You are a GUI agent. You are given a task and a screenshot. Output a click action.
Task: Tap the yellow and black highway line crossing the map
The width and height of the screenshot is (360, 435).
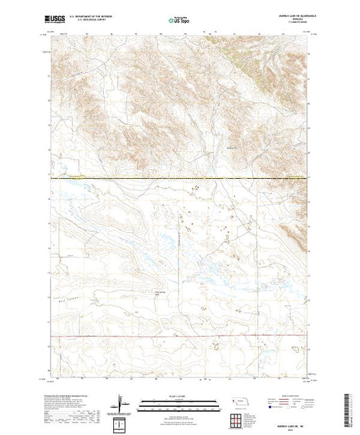pos(180,179)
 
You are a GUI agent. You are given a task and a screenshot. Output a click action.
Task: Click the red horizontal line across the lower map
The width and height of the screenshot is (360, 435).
pos(180,336)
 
